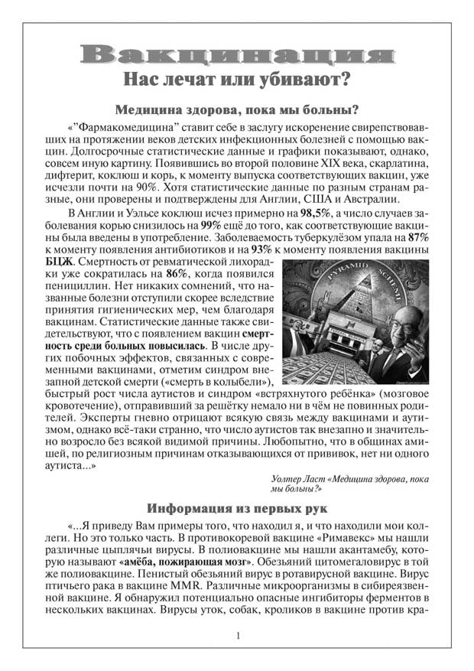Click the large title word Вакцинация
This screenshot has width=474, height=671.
(236, 54)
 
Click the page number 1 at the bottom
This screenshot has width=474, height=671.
(238, 637)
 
